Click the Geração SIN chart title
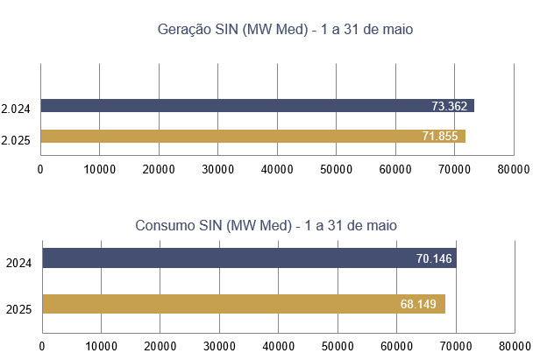coord(285,30)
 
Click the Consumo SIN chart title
coord(266,225)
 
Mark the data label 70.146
coord(436,258)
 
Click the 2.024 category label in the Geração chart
coord(16,109)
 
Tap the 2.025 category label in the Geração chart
coord(16,140)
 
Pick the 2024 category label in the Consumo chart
coord(18,262)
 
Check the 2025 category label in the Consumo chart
coord(18,308)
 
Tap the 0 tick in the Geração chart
coord(40,168)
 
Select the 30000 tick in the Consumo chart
coord(219,346)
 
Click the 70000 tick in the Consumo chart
coord(456,346)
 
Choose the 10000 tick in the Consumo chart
coord(102,346)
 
